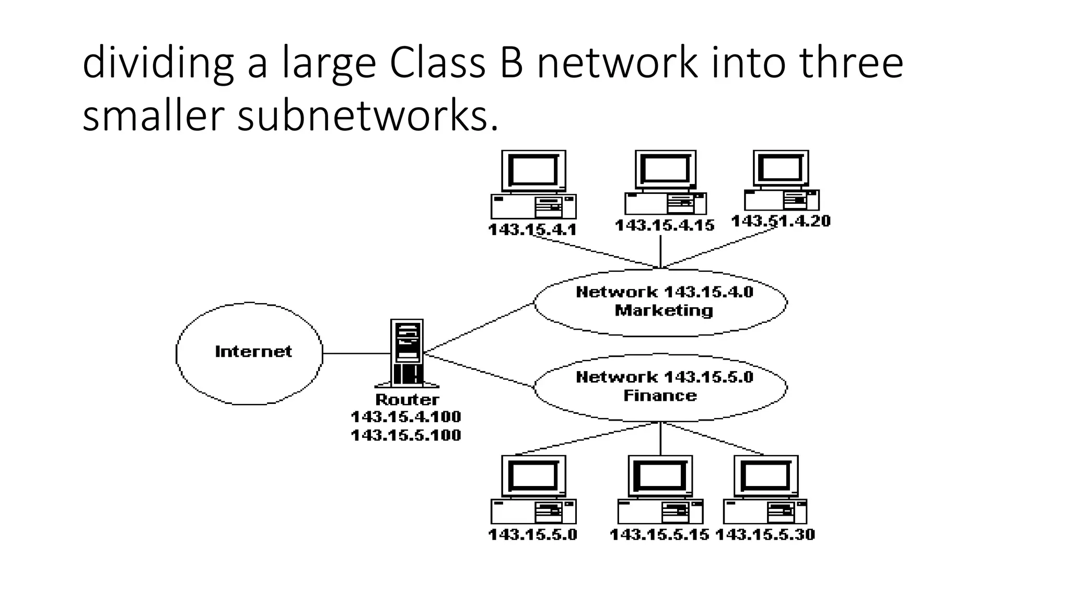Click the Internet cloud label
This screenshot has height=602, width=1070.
pyautogui.click(x=253, y=352)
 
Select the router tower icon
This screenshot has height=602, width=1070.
pyautogui.click(x=407, y=353)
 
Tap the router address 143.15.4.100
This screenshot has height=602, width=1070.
pyautogui.click(x=406, y=417)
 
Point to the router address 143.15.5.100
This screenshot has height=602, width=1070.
pyautogui.click(x=406, y=435)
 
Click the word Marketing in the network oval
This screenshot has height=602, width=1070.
pyautogui.click(x=664, y=311)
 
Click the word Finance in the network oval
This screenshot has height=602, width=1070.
pyautogui.click(x=660, y=396)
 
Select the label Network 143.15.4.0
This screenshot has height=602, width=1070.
pyautogui.click(x=664, y=292)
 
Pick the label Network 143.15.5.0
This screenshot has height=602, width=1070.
pyautogui.click(x=664, y=377)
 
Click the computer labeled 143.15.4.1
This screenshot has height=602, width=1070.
pyautogui.click(x=533, y=186)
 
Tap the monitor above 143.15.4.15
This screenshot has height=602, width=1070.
pyautogui.click(x=666, y=170)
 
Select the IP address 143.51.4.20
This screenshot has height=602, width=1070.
pyautogui.click(x=781, y=221)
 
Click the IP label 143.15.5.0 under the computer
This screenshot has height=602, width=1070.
pyautogui.click(x=532, y=535)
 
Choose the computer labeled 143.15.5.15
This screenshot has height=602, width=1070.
pyautogui.click(x=660, y=490)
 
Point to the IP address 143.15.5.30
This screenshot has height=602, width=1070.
pyautogui.click(x=765, y=535)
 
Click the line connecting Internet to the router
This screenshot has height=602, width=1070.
pyautogui.click(x=356, y=353)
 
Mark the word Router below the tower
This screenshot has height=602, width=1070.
pyautogui.click(x=407, y=400)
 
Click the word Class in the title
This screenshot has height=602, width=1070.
pyautogui.click(x=437, y=63)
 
